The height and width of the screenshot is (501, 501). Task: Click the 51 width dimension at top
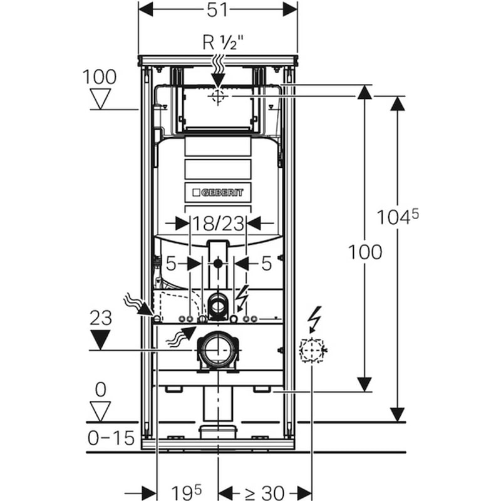217,10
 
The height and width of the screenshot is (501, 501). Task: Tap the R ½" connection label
224,43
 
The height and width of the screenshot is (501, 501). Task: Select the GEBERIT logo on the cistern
218,192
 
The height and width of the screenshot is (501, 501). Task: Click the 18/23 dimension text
219,224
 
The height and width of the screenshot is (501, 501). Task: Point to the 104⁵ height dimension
398,217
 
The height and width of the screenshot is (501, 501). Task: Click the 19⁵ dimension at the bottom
187,492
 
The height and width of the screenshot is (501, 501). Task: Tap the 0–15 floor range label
111,438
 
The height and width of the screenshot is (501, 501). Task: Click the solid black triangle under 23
101,339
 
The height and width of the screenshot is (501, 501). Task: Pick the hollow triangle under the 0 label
100,412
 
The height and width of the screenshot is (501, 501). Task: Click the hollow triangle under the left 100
100,99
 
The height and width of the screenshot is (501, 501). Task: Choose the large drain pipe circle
218,350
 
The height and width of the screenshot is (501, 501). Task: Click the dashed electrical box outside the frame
311,350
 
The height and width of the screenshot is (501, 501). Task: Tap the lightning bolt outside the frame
316,320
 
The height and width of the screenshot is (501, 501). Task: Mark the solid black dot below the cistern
218,264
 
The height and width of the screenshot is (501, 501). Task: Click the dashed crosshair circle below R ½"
218,96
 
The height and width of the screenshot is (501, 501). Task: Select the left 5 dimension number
171,264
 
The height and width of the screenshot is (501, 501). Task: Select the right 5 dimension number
267,264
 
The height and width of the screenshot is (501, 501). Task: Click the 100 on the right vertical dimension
364,252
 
